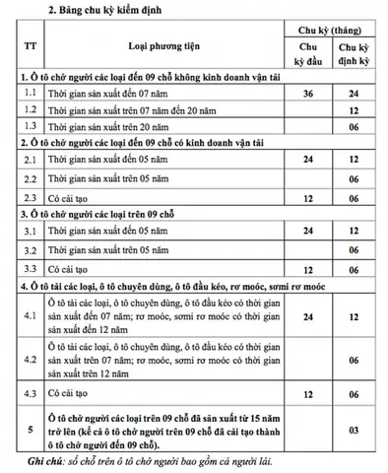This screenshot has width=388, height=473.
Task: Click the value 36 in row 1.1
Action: coord(307,93)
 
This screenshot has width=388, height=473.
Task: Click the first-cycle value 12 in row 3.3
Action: coord(307,268)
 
